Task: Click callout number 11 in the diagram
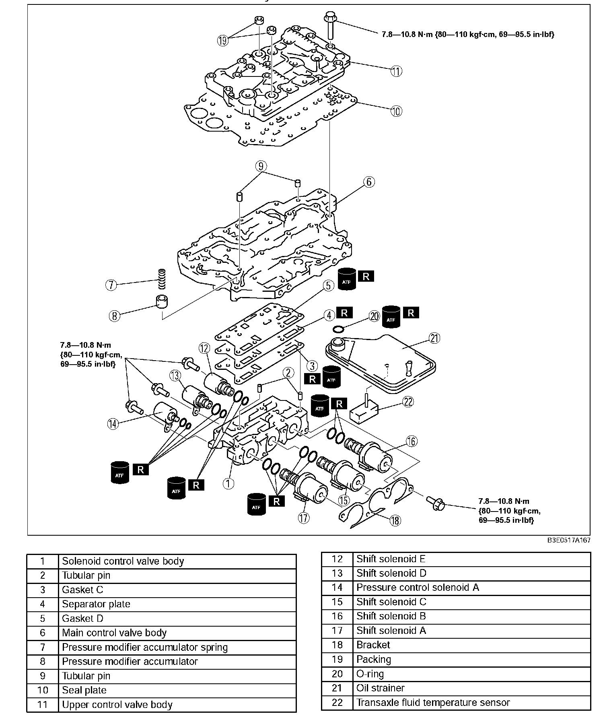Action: pyautogui.click(x=396, y=71)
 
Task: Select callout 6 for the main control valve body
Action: pyautogui.click(x=369, y=182)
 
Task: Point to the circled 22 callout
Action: pyautogui.click(x=408, y=401)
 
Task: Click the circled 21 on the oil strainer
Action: pyautogui.click(x=434, y=338)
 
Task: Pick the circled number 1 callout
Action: pyautogui.click(x=228, y=483)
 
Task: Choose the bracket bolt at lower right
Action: pyautogui.click(x=435, y=503)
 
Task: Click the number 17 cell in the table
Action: pyautogui.click(x=337, y=631)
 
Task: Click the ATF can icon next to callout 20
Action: pyautogui.click(x=391, y=317)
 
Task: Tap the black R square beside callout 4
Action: pyautogui.click(x=344, y=313)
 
